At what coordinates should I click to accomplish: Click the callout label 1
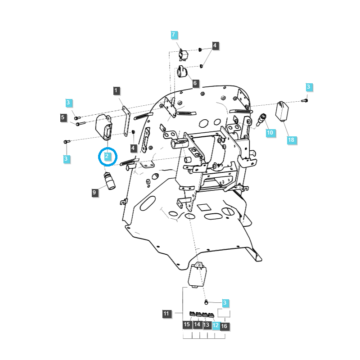(117, 91)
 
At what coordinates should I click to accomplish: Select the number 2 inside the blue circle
(108, 156)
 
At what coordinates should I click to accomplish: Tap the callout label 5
(63, 117)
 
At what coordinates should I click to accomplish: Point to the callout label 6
(195, 83)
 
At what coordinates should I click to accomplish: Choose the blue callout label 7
(174, 35)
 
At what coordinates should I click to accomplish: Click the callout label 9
(94, 192)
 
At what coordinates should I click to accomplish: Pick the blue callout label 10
(270, 133)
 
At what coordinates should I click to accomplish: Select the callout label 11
(166, 313)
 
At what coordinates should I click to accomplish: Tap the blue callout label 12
(216, 325)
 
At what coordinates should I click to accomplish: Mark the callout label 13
(206, 325)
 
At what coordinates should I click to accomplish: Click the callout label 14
(197, 325)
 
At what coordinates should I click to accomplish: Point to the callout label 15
(187, 325)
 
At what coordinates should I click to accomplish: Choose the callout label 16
(225, 325)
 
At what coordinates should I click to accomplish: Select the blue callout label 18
(291, 140)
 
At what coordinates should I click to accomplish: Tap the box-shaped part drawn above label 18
(283, 111)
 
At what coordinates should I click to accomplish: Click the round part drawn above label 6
(182, 71)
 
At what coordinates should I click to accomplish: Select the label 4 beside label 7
(215, 45)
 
